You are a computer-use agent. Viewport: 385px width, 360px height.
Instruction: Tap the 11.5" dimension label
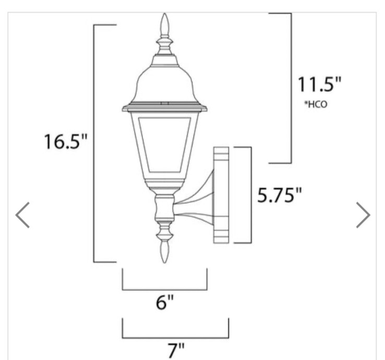[319, 85]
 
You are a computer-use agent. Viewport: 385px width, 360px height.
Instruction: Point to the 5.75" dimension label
[280, 195]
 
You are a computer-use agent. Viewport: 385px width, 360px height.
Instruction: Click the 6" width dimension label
[164, 302]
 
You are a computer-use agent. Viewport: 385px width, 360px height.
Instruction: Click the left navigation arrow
[22, 214]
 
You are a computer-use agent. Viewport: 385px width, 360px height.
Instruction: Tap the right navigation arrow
[363, 214]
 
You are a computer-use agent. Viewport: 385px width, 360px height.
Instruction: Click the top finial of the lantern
[165, 26]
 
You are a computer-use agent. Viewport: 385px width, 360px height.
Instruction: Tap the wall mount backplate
[221, 195]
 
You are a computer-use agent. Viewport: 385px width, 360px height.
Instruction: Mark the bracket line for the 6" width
[164, 289]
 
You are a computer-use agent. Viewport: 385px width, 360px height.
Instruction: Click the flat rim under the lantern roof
[165, 109]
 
